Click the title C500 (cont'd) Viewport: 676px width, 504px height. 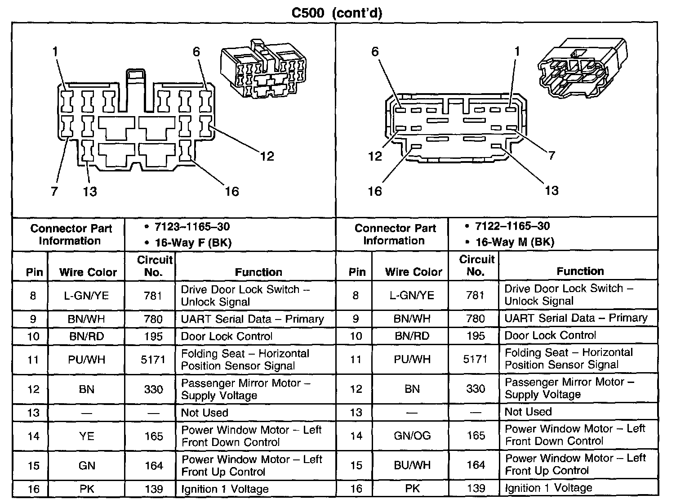337,13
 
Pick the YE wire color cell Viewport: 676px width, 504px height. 87,436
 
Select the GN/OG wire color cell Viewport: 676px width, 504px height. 412,436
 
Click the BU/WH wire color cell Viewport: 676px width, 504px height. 412,465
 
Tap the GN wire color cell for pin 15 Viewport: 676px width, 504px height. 87,466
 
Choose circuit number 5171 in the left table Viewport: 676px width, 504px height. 153,360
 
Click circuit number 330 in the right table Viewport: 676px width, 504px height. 476,388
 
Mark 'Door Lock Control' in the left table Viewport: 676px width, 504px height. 227,336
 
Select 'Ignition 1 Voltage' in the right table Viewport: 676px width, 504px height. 548,488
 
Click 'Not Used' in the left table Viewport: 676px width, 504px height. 205,413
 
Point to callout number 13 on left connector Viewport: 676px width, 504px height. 90,191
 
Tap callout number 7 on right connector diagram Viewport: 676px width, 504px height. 551,156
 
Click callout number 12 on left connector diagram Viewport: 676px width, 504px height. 267,156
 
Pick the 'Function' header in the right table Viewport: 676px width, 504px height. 580,271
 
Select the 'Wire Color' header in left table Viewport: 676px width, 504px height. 88,272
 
